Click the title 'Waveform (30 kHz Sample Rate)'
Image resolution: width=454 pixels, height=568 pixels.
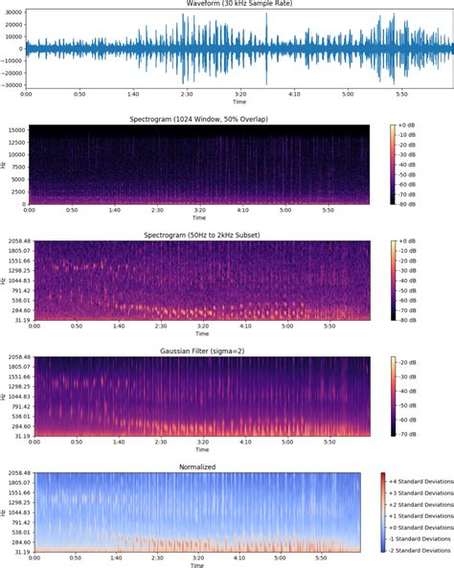click(199, 4)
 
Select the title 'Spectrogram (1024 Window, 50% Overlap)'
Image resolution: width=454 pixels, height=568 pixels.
click(198, 120)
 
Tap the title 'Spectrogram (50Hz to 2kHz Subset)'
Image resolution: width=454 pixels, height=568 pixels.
click(198, 235)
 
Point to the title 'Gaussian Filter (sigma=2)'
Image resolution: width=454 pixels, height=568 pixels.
click(198, 351)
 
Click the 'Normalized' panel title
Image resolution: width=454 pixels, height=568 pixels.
click(198, 466)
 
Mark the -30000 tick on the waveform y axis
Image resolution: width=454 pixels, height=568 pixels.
click(12, 84)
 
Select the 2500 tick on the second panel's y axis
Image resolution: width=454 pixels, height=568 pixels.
click(14, 190)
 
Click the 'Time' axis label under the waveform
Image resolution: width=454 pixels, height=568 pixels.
click(198, 102)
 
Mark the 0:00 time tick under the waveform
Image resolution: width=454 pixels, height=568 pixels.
click(27, 94)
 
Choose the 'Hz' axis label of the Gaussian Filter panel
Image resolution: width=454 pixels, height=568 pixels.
click(5, 396)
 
